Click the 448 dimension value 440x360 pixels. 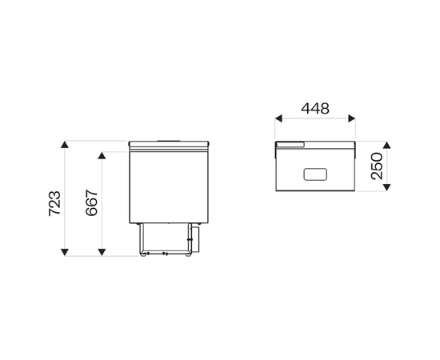315,109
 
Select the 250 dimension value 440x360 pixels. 377,166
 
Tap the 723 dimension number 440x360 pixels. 54,203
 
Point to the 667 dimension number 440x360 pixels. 91,203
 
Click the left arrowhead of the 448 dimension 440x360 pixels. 278,118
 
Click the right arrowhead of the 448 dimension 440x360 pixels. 352,118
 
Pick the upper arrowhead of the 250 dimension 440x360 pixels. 386,145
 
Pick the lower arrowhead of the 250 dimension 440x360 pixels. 386,187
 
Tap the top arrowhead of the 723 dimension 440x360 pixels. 65,145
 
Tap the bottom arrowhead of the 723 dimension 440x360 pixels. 65,252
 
